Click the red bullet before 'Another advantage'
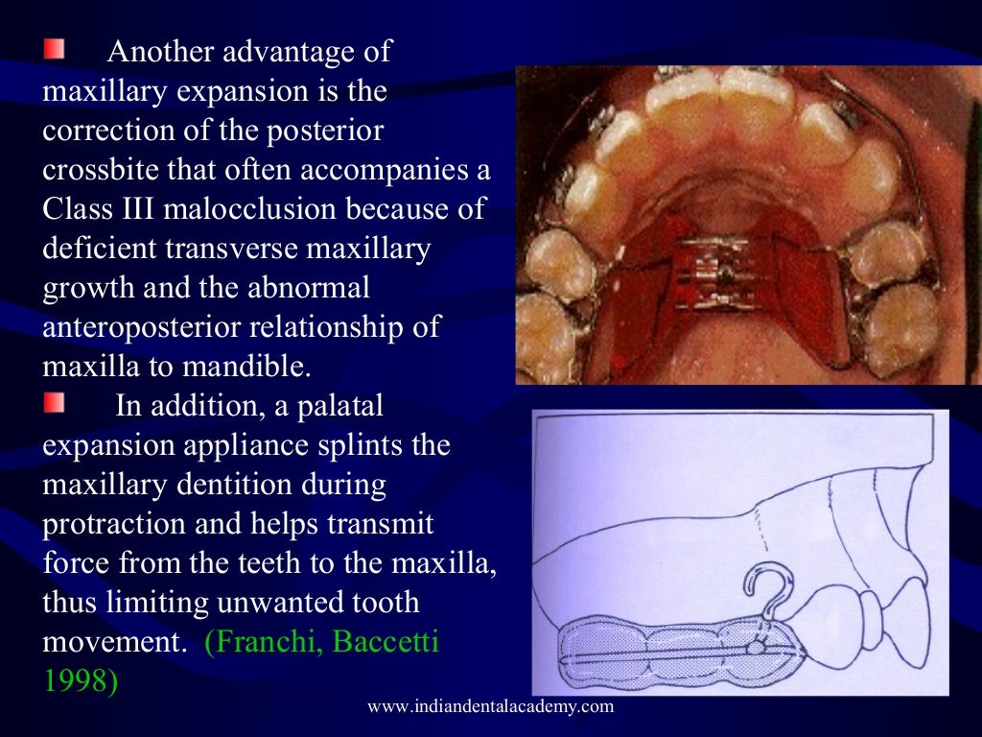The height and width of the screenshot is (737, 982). click(55, 48)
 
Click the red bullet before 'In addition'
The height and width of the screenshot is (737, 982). click(55, 403)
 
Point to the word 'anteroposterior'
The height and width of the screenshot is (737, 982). click(142, 326)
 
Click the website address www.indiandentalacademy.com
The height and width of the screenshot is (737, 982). click(490, 707)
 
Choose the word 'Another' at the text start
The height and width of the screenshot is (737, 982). click(161, 52)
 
